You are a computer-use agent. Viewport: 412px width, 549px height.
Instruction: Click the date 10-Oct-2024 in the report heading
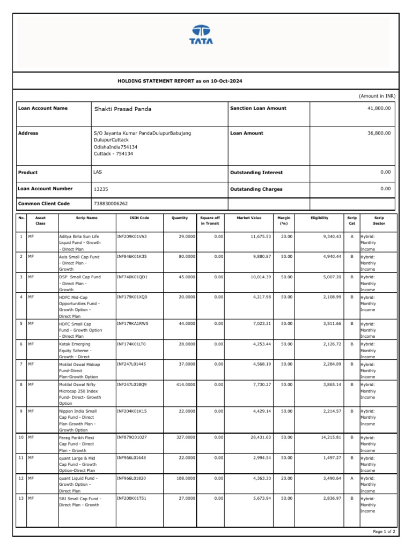coord(226,81)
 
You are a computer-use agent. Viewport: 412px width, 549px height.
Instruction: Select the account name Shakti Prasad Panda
coord(123,109)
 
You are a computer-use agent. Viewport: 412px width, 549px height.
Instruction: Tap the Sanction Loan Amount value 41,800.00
coord(379,108)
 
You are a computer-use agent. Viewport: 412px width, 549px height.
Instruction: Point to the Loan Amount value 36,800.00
coord(379,133)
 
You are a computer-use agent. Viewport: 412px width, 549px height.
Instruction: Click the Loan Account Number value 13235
coord(101,189)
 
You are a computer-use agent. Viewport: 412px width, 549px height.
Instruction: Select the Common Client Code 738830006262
coord(111,204)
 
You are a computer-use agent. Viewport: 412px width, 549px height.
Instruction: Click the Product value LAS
coord(98,172)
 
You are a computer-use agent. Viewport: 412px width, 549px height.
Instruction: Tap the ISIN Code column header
coord(139,218)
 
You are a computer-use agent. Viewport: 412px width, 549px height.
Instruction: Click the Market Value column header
coord(249,218)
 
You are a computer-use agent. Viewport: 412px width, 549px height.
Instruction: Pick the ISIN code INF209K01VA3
coord(131,236)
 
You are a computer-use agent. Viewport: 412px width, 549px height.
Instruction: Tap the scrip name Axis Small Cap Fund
coord(79,257)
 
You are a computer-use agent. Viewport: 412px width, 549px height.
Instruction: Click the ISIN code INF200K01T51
coord(131,498)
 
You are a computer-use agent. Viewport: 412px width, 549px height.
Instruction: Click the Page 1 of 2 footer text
coord(384,531)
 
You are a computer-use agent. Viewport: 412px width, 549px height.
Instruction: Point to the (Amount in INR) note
coord(377,95)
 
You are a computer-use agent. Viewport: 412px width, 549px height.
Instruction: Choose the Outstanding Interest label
coord(256,173)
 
